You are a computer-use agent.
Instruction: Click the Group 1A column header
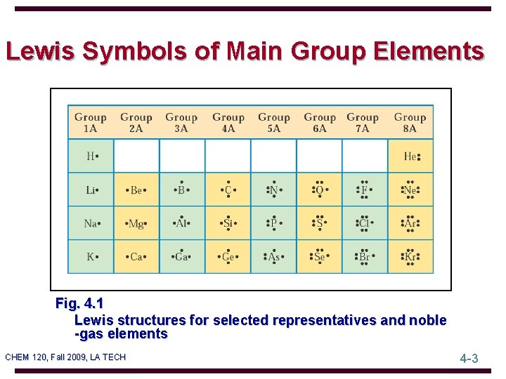[x=91, y=122]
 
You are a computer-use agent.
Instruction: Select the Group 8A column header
[x=410, y=122]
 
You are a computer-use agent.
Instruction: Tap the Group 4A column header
[x=228, y=122]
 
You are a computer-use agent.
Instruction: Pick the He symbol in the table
[x=410, y=156]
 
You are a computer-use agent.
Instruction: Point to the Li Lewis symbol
[x=91, y=189]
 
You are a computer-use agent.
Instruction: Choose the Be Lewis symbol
[x=136, y=189]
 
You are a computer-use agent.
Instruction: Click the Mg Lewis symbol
[x=136, y=223]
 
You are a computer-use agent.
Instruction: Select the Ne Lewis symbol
[x=410, y=189]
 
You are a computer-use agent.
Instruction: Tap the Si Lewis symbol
[x=228, y=223]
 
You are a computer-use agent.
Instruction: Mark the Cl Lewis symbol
[x=364, y=223]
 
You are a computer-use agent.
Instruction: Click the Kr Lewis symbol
[x=410, y=257]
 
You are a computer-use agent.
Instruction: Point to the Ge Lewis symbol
[x=228, y=257]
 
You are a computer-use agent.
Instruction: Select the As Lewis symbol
[x=273, y=257]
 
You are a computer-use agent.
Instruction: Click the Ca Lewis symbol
[x=136, y=257]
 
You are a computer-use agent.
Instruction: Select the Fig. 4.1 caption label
[x=79, y=304]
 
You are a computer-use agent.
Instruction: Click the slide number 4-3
[x=469, y=358]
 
